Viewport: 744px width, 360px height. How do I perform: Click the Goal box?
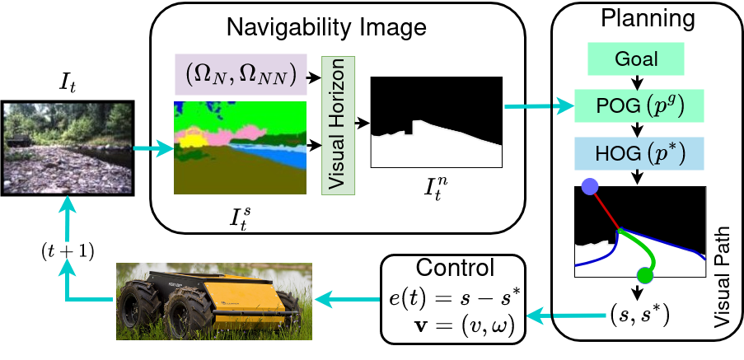tap(636, 59)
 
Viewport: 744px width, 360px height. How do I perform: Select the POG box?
tap(639, 105)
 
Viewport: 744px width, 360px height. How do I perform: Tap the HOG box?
tap(639, 153)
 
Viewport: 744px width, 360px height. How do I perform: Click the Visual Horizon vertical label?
tap(338, 125)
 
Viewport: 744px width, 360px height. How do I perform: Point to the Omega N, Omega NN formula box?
tap(241, 74)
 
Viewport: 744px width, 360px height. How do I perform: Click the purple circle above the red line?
tap(589, 187)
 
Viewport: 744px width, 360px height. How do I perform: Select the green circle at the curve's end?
tap(645, 276)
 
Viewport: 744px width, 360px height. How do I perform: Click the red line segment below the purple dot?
tap(604, 208)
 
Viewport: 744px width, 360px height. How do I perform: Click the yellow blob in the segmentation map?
tap(192, 143)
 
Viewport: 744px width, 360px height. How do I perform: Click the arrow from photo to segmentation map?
tap(153, 149)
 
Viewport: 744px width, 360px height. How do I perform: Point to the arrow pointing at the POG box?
tap(540, 106)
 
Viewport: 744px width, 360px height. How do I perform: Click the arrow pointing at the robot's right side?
tap(346, 300)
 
